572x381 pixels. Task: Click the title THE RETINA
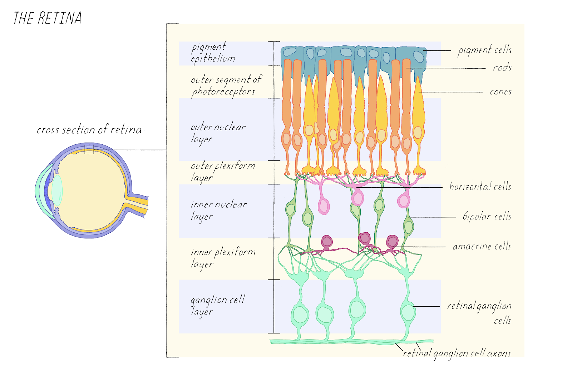(48, 18)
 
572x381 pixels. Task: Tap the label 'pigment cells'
(484, 50)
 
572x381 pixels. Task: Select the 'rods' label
(502, 68)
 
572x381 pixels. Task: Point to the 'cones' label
(500, 92)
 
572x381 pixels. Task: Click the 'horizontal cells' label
(480, 187)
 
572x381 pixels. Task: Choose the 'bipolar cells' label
(487, 216)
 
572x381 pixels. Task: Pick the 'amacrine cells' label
(482, 246)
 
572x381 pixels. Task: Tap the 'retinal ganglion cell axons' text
(457, 353)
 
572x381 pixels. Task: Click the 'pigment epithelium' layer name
(213, 53)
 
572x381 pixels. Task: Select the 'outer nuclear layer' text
(218, 133)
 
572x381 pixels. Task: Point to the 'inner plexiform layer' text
(223, 257)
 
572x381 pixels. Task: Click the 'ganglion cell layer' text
(217, 305)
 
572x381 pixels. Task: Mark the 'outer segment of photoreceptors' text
(226, 85)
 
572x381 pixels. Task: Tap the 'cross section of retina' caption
(89, 129)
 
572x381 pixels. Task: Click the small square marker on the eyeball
(89, 149)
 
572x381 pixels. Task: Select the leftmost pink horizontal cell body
(324, 207)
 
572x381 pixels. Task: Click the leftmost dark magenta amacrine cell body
(327, 242)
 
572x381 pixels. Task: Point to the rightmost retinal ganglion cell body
(408, 312)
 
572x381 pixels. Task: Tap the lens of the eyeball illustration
(57, 190)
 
